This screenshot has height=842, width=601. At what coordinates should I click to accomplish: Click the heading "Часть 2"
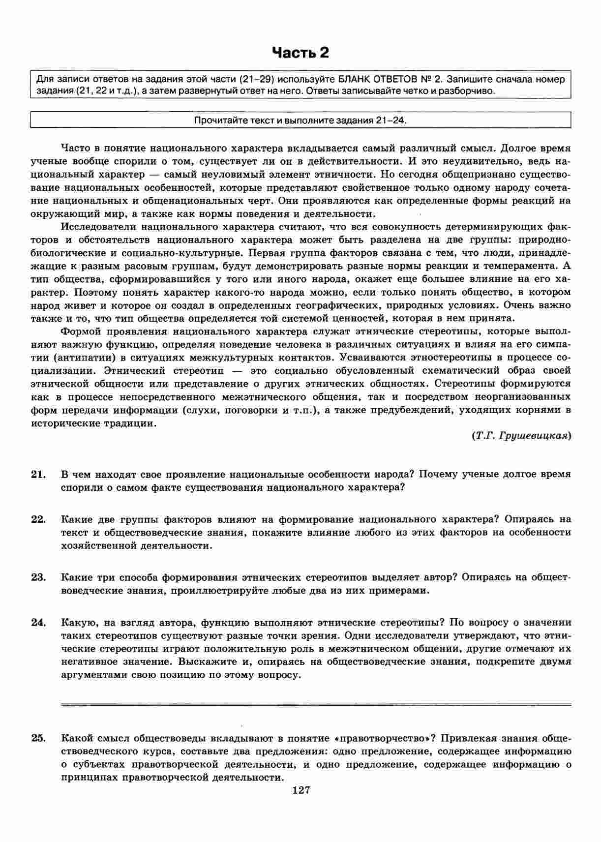click(300, 53)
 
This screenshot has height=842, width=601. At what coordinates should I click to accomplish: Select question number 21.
click(38, 474)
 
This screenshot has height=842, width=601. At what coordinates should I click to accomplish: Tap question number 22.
click(38, 519)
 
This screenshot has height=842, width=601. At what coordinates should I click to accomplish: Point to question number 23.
click(38, 577)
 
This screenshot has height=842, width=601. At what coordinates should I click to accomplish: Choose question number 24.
click(38, 622)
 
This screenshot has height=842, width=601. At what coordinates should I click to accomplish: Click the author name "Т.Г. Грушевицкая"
click(521, 436)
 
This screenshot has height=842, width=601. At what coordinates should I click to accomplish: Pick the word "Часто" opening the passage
click(75, 148)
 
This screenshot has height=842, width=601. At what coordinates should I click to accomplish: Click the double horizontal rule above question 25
click(316, 705)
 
